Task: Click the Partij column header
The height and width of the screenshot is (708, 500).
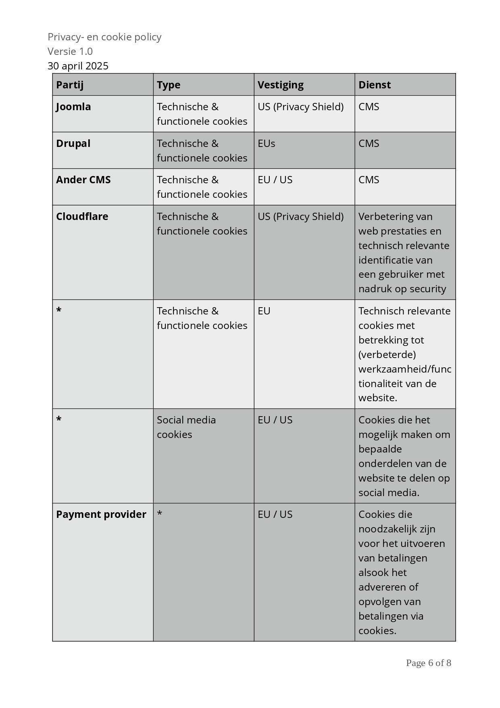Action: tap(70, 85)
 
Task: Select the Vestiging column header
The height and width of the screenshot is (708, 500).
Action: tap(281, 85)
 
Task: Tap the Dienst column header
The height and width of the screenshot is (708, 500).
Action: tap(375, 85)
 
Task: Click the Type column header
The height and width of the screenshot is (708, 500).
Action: tap(169, 85)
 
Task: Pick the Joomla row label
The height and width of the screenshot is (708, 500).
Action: tap(73, 107)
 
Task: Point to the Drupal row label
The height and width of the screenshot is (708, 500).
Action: tap(73, 143)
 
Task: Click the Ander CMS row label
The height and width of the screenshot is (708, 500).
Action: tap(83, 180)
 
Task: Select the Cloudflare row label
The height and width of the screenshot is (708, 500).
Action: tap(82, 216)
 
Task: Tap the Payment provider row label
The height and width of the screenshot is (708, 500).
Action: tap(101, 514)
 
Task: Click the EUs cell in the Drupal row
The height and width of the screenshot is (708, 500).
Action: tap(267, 143)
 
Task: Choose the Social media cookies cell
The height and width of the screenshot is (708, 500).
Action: tap(186, 427)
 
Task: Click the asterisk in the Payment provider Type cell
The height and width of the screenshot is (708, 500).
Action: tap(160, 514)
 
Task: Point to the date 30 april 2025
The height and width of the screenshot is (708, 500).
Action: tap(78, 66)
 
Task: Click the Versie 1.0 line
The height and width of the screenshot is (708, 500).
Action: tap(70, 51)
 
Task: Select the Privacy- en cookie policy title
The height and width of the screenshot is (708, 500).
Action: tap(104, 37)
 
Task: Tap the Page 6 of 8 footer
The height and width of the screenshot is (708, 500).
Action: tap(428, 663)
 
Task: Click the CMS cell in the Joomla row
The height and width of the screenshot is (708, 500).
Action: tap(369, 107)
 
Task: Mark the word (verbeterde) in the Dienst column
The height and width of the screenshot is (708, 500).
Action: tap(387, 354)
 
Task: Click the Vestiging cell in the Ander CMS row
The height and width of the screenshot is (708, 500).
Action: tap(275, 180)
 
